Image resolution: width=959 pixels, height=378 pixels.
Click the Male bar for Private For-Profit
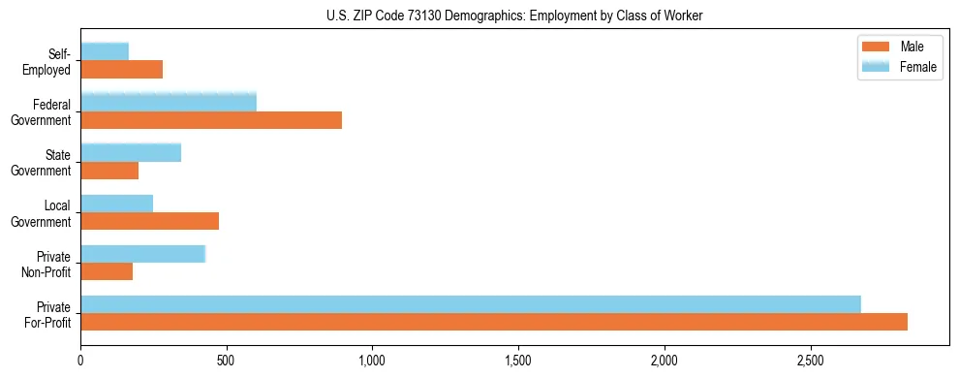point(494,322)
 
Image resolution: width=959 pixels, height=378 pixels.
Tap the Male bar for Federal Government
point(211,120)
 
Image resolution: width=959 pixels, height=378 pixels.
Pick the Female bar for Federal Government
point(169,102)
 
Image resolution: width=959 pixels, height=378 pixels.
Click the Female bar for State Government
point(131,152)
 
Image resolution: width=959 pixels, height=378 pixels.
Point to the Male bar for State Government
point(109,171)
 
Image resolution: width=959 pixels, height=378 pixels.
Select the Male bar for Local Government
point(150,221)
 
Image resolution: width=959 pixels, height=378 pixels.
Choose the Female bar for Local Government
point(117,203)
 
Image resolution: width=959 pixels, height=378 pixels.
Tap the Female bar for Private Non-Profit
point(143,253)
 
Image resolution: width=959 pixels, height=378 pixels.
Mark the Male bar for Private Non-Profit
point(107,271)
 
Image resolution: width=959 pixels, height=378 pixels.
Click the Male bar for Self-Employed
point(122,70)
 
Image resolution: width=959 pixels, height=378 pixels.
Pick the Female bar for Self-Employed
point(105,51)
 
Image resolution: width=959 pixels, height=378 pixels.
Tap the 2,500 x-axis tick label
point(811,360)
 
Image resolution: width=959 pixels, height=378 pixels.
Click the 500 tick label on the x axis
point(227,360)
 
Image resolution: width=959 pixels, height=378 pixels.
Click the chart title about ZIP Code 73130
point(515,16)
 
